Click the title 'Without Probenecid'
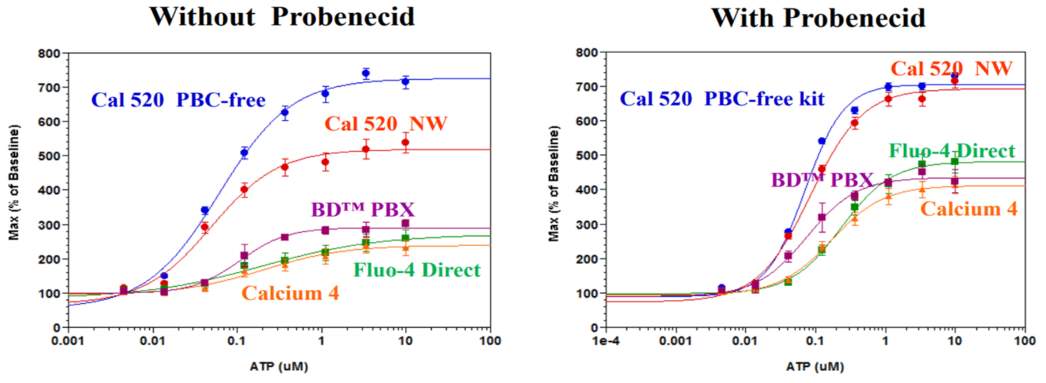point(282,16)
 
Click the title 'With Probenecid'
point(818,16)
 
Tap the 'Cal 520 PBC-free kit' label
point(722,98)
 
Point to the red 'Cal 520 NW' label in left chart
point(386,124)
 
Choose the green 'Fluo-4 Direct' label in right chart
point(952,151)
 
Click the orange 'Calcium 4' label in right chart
point(968,209)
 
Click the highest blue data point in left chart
point(366,73)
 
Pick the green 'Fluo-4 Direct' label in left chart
point(417,270)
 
